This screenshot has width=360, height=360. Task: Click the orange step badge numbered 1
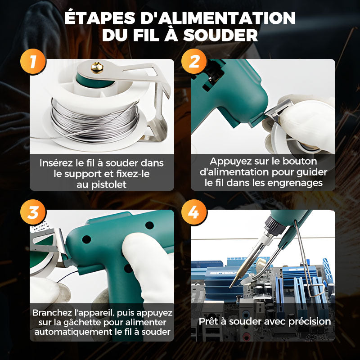coord(33,62)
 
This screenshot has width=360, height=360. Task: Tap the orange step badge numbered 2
coord(194,62)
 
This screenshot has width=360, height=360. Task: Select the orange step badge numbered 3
coord(33,213)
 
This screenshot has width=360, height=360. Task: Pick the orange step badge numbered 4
coord(194,213)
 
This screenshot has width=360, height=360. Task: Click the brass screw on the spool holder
coord(96,67)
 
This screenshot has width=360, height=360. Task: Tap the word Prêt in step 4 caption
coord(208,321)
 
